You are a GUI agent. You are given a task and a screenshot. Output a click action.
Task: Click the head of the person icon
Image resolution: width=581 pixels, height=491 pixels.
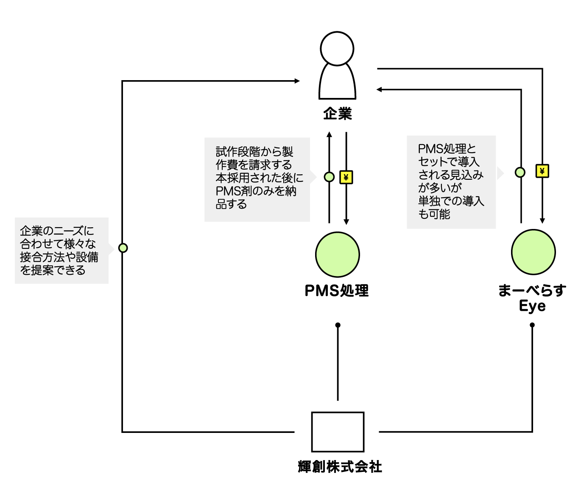point(337,49)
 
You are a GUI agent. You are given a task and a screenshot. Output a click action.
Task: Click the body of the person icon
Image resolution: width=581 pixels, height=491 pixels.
point(337,83)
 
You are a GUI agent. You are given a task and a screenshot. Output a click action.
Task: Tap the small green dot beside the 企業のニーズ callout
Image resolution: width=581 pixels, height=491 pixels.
point(123,248)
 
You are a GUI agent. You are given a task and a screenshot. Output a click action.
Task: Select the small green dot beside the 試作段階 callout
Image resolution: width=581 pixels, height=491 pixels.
point(329,177)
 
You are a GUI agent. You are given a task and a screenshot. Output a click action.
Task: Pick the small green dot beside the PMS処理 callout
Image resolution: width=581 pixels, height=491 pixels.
point(520,172)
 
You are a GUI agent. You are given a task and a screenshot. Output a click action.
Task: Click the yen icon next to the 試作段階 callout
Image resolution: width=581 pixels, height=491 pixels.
point(346,178)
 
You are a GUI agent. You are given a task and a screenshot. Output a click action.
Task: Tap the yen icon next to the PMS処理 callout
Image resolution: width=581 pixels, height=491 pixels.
point(542,171)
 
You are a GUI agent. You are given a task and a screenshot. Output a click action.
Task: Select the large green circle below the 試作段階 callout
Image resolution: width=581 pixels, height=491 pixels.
point(338,254)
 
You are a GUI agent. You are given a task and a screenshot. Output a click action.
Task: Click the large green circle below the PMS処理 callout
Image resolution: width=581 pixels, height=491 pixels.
point(533,252)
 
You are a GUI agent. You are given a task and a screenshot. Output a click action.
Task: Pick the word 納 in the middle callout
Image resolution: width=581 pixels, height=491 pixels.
point(290,191)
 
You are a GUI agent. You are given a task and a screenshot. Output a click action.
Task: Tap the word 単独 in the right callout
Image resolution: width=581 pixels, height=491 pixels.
point(429,201)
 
